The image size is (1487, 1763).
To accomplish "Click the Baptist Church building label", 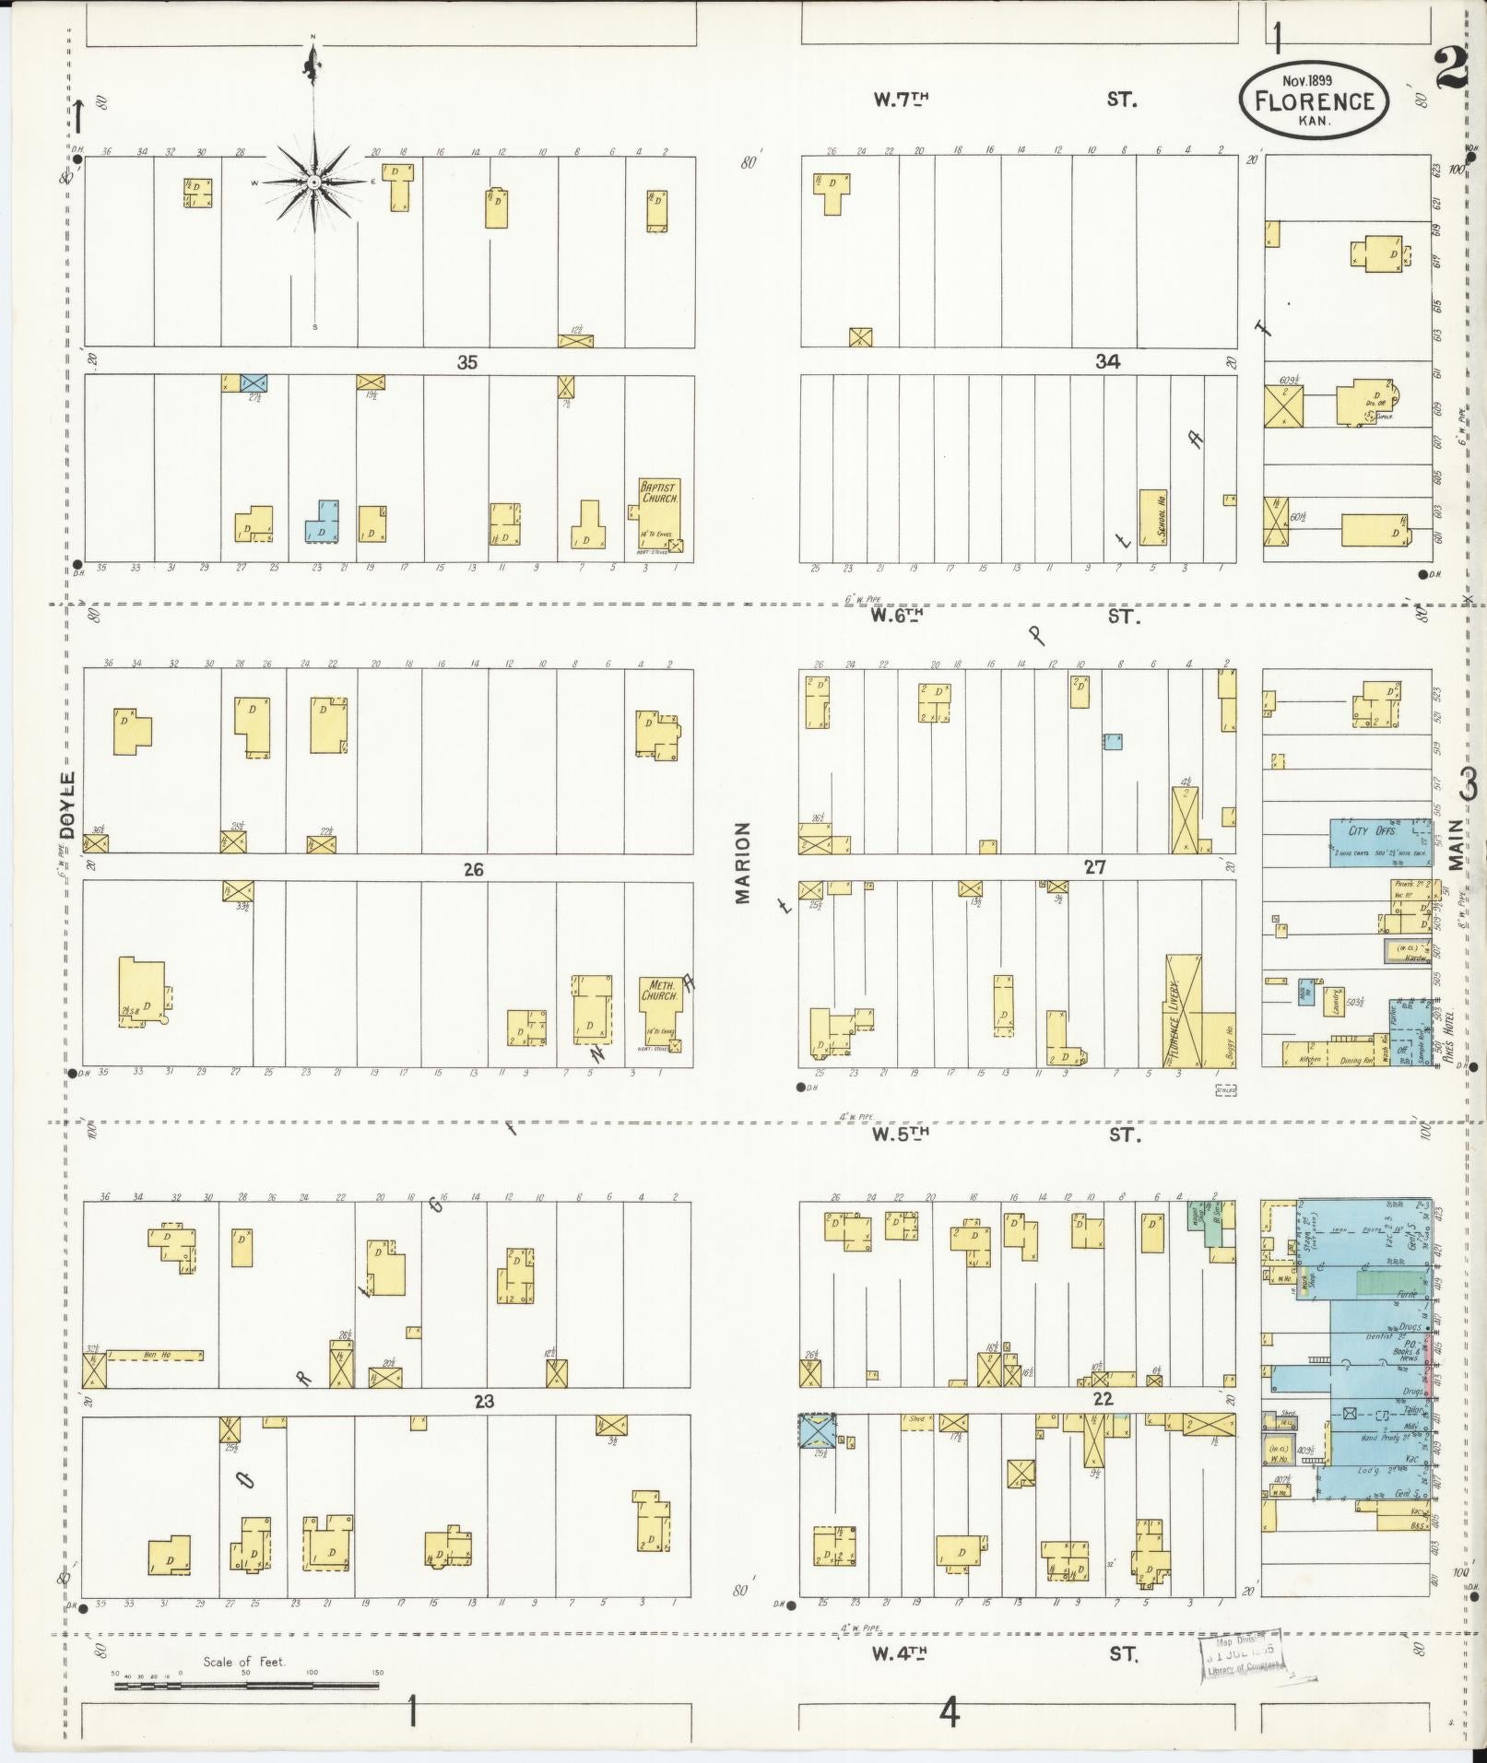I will coord(659,491).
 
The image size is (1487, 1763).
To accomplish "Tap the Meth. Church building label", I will coord(659,990).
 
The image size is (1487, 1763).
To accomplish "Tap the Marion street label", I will coord(745,863).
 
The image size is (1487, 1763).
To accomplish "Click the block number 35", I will coord(467,362).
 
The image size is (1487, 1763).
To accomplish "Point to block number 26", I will coord(473,869).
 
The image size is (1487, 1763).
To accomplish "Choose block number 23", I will coord(483,1402).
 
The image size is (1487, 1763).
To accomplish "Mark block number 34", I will coord(1107,362).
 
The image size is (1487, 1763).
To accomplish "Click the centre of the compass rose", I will coord(313,182).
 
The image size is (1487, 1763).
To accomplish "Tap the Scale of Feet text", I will coord(244,1662).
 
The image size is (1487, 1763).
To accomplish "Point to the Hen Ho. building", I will coord(155,1355).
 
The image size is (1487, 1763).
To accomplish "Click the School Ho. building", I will coord(1152,516).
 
